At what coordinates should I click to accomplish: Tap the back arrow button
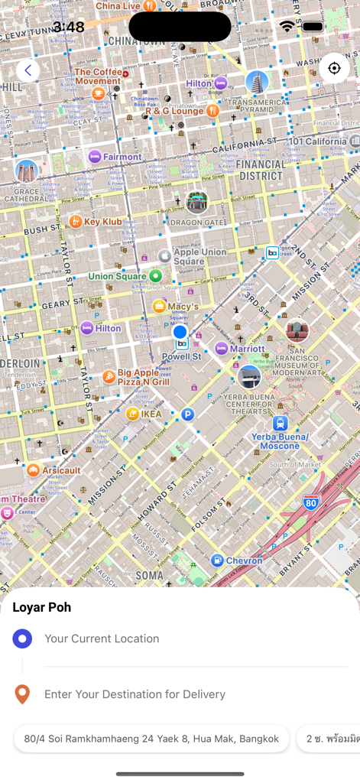[28, 70]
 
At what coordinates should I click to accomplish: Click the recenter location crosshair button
[334, 68]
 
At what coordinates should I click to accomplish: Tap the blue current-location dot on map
[180, 332]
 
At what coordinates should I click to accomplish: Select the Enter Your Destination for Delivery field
[135, 694]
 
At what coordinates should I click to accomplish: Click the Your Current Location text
[102, 638]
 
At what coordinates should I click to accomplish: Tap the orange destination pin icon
[22, 694]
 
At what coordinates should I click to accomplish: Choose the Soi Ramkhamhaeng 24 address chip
[151, 739]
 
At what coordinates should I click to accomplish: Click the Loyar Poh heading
[42, 607]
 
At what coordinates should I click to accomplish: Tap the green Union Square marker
[156, 275]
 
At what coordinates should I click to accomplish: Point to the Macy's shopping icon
[159, 307]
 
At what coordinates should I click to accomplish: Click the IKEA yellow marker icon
[133, 414]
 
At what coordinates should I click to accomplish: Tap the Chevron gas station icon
[217, 560]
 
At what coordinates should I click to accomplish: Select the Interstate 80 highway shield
[310, 502]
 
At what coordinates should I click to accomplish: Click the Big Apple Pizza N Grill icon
[109, 377]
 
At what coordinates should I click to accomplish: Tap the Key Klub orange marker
[76, 222]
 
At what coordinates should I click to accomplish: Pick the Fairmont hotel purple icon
[95, 157]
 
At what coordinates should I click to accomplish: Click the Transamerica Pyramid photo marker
[258, 82]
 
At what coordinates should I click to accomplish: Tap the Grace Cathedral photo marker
[26, 171]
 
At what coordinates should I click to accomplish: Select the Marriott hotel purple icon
[222, 349]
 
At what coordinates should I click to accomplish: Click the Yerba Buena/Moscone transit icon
[281, 423]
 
